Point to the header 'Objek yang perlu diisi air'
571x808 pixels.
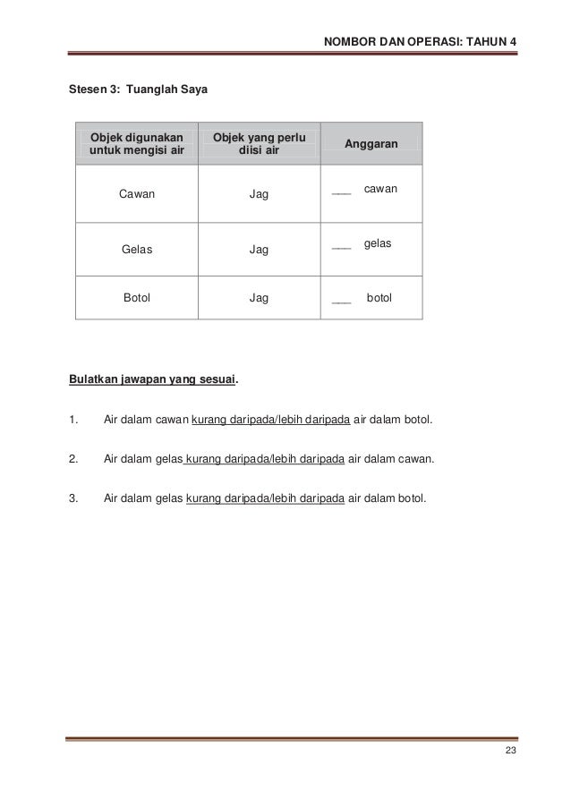259,143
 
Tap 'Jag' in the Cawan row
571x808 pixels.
260,193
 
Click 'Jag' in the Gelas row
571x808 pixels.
260,250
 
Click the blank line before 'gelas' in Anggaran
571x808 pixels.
340,249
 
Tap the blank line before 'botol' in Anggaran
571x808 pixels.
340,302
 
